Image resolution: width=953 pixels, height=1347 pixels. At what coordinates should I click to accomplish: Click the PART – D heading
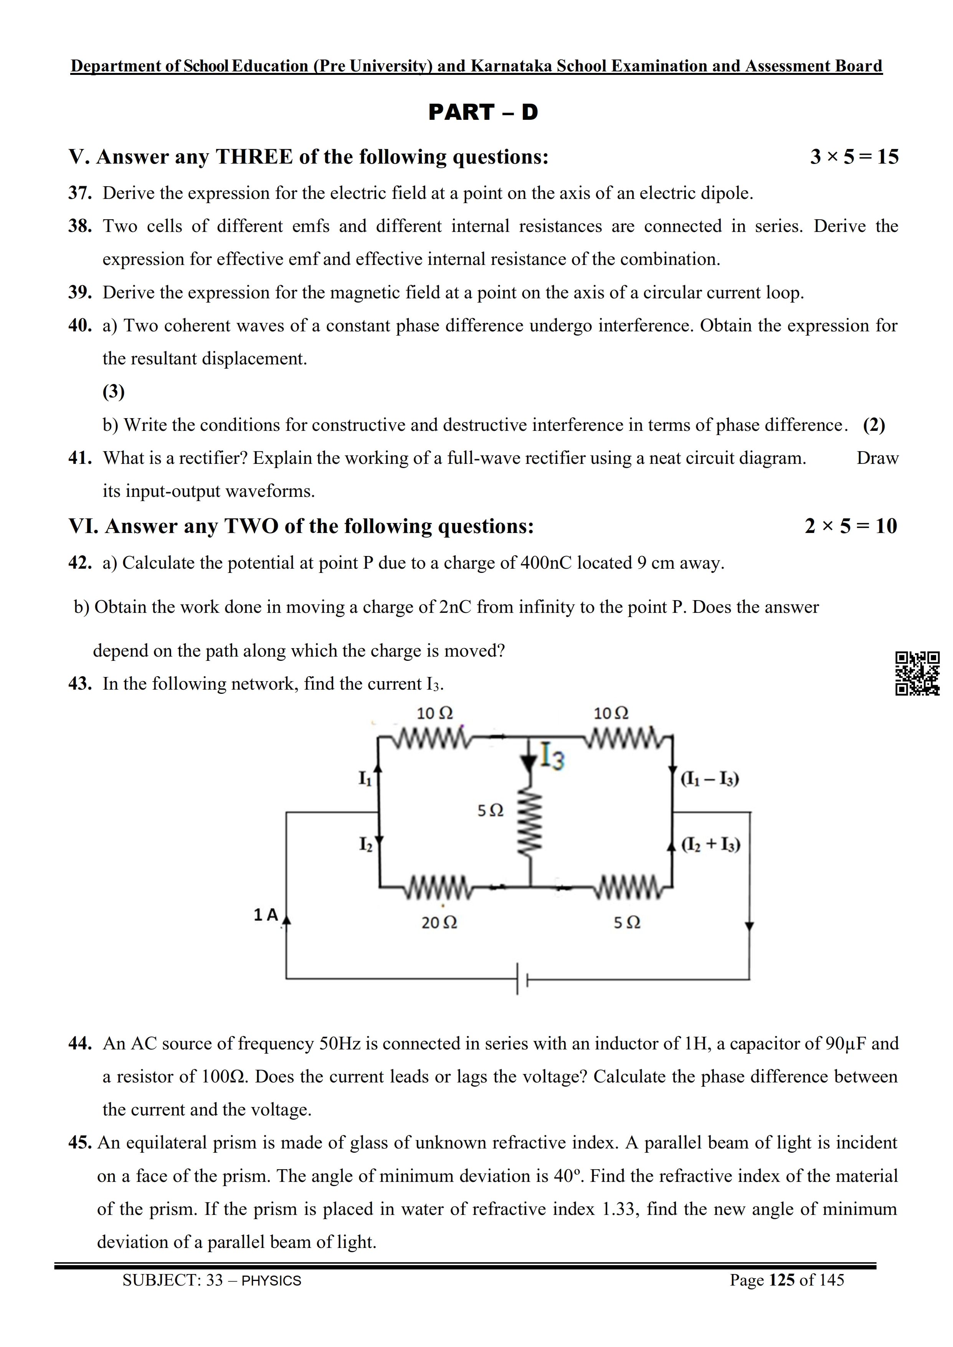(x=482, y=112)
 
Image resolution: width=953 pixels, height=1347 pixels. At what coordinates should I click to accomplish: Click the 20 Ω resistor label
(x=439, y=923)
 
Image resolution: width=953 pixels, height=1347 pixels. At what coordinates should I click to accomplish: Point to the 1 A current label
(x=265, y=914)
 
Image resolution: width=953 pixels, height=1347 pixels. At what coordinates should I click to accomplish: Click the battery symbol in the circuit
(x=522, y=979)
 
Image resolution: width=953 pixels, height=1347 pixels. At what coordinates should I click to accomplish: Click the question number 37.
(x=80, y=193)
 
